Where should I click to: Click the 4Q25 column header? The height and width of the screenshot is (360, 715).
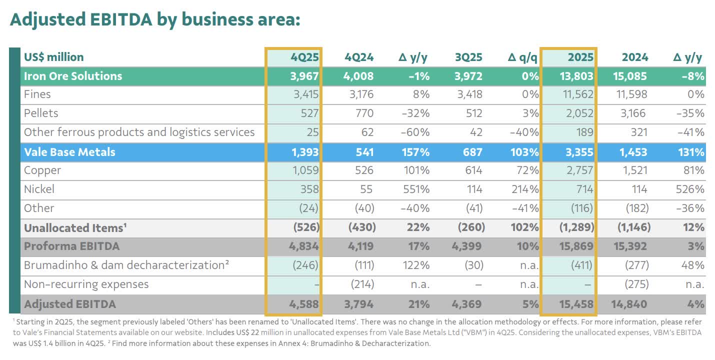pos(304,57)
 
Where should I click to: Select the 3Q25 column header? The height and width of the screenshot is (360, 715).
pos(468,57)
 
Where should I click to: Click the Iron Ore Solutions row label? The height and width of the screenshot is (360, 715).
pos(73,76)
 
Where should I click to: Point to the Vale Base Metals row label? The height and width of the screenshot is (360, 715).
pos(69,152)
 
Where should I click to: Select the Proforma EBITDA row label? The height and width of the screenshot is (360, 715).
pos(72,246)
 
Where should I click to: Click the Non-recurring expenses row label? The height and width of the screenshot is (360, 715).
pos(86,284)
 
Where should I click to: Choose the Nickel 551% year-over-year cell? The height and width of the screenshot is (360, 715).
pos(416,189)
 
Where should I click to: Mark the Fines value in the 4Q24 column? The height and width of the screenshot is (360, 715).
pos(359,94)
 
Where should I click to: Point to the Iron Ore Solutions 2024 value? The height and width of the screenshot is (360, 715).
pos(630,76)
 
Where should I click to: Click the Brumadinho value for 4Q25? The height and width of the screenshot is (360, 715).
pos(305,265)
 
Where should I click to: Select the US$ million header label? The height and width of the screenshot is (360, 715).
pos(54,57)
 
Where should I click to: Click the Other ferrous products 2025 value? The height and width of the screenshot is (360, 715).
pos(582,132)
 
